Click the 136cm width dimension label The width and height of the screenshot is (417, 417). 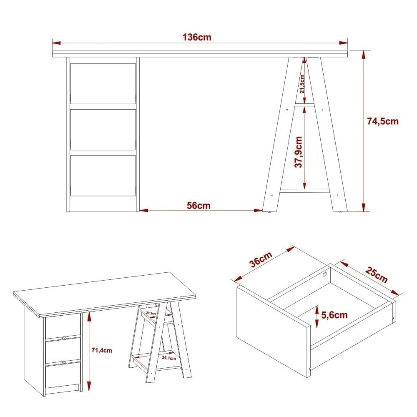pyautogui.click(x=197, y=37)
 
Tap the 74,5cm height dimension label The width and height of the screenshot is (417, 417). pyautogui.click(x=382, y=121)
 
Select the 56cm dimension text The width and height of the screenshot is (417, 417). pyautogui.click(x=198, y=205)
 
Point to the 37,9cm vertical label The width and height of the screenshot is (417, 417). pyautogui.click(x=299, y=152)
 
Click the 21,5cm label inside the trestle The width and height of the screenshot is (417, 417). pyautogui.click(x=302, y=83)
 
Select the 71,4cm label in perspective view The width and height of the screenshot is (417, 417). pyautogui.click(x=102, y=350)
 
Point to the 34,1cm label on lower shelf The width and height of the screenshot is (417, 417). pyautogui.click(x=168, y=357)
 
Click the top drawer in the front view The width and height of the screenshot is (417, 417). pyautogui.click(x=103, y=83)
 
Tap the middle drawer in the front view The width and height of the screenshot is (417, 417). pyautogui.click(x=103, y=129)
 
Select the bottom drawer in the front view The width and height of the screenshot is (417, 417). pyautogui.click(x=103, y=175)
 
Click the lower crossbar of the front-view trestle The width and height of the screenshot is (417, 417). pyautogui.click(x=305, y=191)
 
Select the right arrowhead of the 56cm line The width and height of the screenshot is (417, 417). pyautogui.click(x=259, y=211)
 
